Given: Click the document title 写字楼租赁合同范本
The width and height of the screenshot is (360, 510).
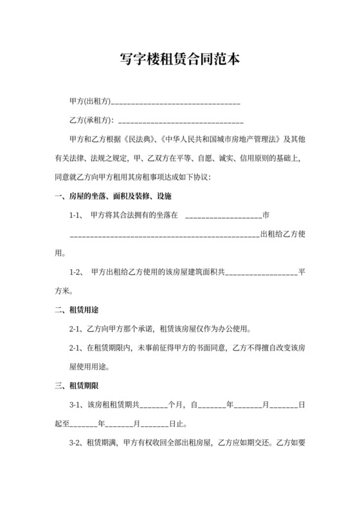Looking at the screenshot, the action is point(180,60).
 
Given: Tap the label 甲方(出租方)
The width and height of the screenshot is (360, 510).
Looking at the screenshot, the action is point(89,102).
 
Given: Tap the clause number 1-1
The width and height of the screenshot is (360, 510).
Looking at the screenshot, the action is point(76,215).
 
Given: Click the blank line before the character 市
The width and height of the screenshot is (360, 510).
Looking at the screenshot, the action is point(224,215).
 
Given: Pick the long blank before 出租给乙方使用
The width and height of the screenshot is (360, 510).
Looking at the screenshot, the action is point(164,234).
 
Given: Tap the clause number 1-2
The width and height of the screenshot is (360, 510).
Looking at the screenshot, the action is point(76,272).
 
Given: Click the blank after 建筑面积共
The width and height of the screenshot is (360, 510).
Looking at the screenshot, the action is point(261,272).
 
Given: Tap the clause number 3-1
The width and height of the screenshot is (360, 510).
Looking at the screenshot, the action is point(76,405).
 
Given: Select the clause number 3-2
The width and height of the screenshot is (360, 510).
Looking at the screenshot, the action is point(76,443).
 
